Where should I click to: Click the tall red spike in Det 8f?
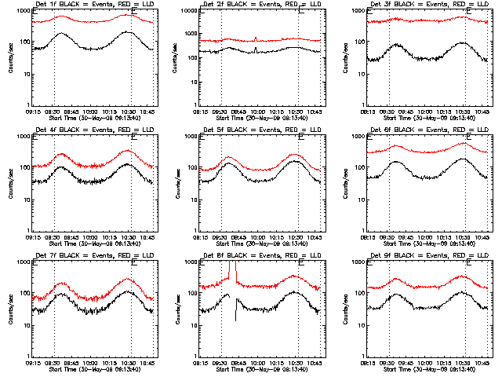[231, 271]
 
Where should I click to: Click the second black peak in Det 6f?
[463, 159]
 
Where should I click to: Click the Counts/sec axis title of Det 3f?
[342, 57]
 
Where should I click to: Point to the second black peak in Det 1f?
[127, 32]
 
